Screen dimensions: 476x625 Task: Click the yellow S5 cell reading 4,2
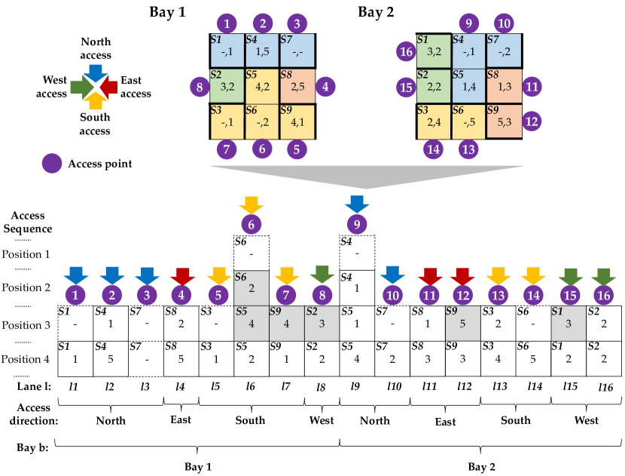262,87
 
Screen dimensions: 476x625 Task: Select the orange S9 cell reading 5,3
505,121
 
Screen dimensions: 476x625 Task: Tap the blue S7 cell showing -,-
297,51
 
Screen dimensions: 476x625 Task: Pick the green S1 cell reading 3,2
434,51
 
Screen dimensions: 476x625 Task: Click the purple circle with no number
52,163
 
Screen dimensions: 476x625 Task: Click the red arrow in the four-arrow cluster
108,88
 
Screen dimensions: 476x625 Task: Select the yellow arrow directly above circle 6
251,204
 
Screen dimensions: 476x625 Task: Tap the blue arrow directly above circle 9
356,204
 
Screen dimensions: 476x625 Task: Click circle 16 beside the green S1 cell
406,51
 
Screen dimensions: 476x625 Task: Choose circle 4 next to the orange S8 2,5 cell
325,87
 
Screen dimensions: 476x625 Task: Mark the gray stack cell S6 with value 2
252,288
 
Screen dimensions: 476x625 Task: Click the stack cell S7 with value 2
392,359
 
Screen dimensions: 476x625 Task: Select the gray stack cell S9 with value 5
462,324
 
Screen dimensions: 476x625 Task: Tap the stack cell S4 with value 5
111,359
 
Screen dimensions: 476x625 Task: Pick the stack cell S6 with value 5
533,359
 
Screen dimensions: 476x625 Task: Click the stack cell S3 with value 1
216,359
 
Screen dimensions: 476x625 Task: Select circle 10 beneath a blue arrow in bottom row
392,295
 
